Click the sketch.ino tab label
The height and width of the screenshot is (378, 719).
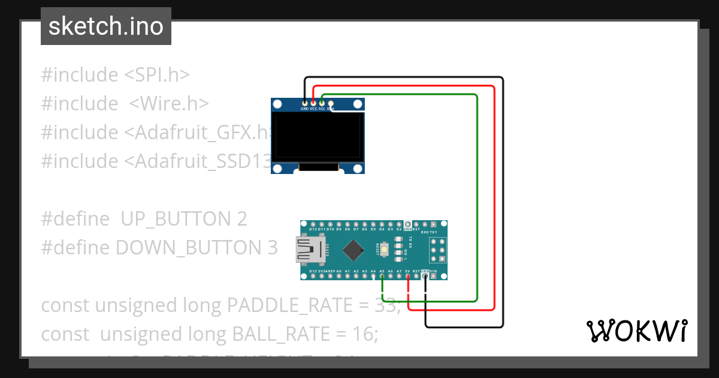click(106, 26)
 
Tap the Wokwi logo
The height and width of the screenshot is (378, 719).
click(636, 331)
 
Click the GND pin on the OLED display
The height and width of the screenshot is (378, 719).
click(305, 103)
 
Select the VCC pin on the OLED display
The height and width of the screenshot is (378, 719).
click(313, 103)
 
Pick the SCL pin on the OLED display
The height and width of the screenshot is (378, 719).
click(322, 103)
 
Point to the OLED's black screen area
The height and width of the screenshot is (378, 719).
click(318, 137)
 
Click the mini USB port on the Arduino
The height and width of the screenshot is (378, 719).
click(310, 250)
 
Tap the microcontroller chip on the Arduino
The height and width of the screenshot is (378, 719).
click(355, 251)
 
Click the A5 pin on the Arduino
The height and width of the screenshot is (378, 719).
click(382, 277)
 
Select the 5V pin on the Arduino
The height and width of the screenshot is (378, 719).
click(408, 277)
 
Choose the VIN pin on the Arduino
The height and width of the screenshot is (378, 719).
click(434, 277)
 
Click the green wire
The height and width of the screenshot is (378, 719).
click(477, 198)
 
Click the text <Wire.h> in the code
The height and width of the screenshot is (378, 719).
click(169, 104)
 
